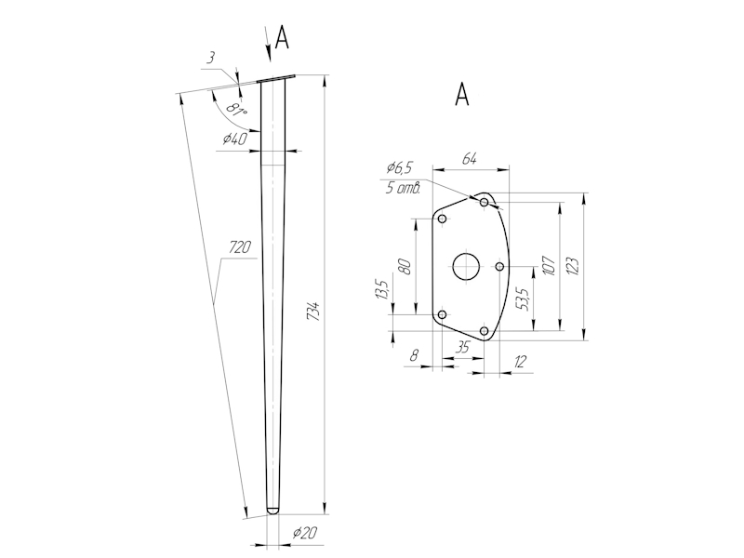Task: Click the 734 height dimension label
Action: tap(313, 312)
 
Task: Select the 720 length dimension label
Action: tap(241, 248)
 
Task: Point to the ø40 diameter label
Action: tap(234, 139)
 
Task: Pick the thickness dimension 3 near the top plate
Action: tap(211, 58)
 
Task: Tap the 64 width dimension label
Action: tap(470, 160)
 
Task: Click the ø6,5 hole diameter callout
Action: tap(399, 168)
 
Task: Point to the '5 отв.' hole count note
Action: tap(404, 187)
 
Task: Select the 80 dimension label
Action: tap(405, 265)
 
